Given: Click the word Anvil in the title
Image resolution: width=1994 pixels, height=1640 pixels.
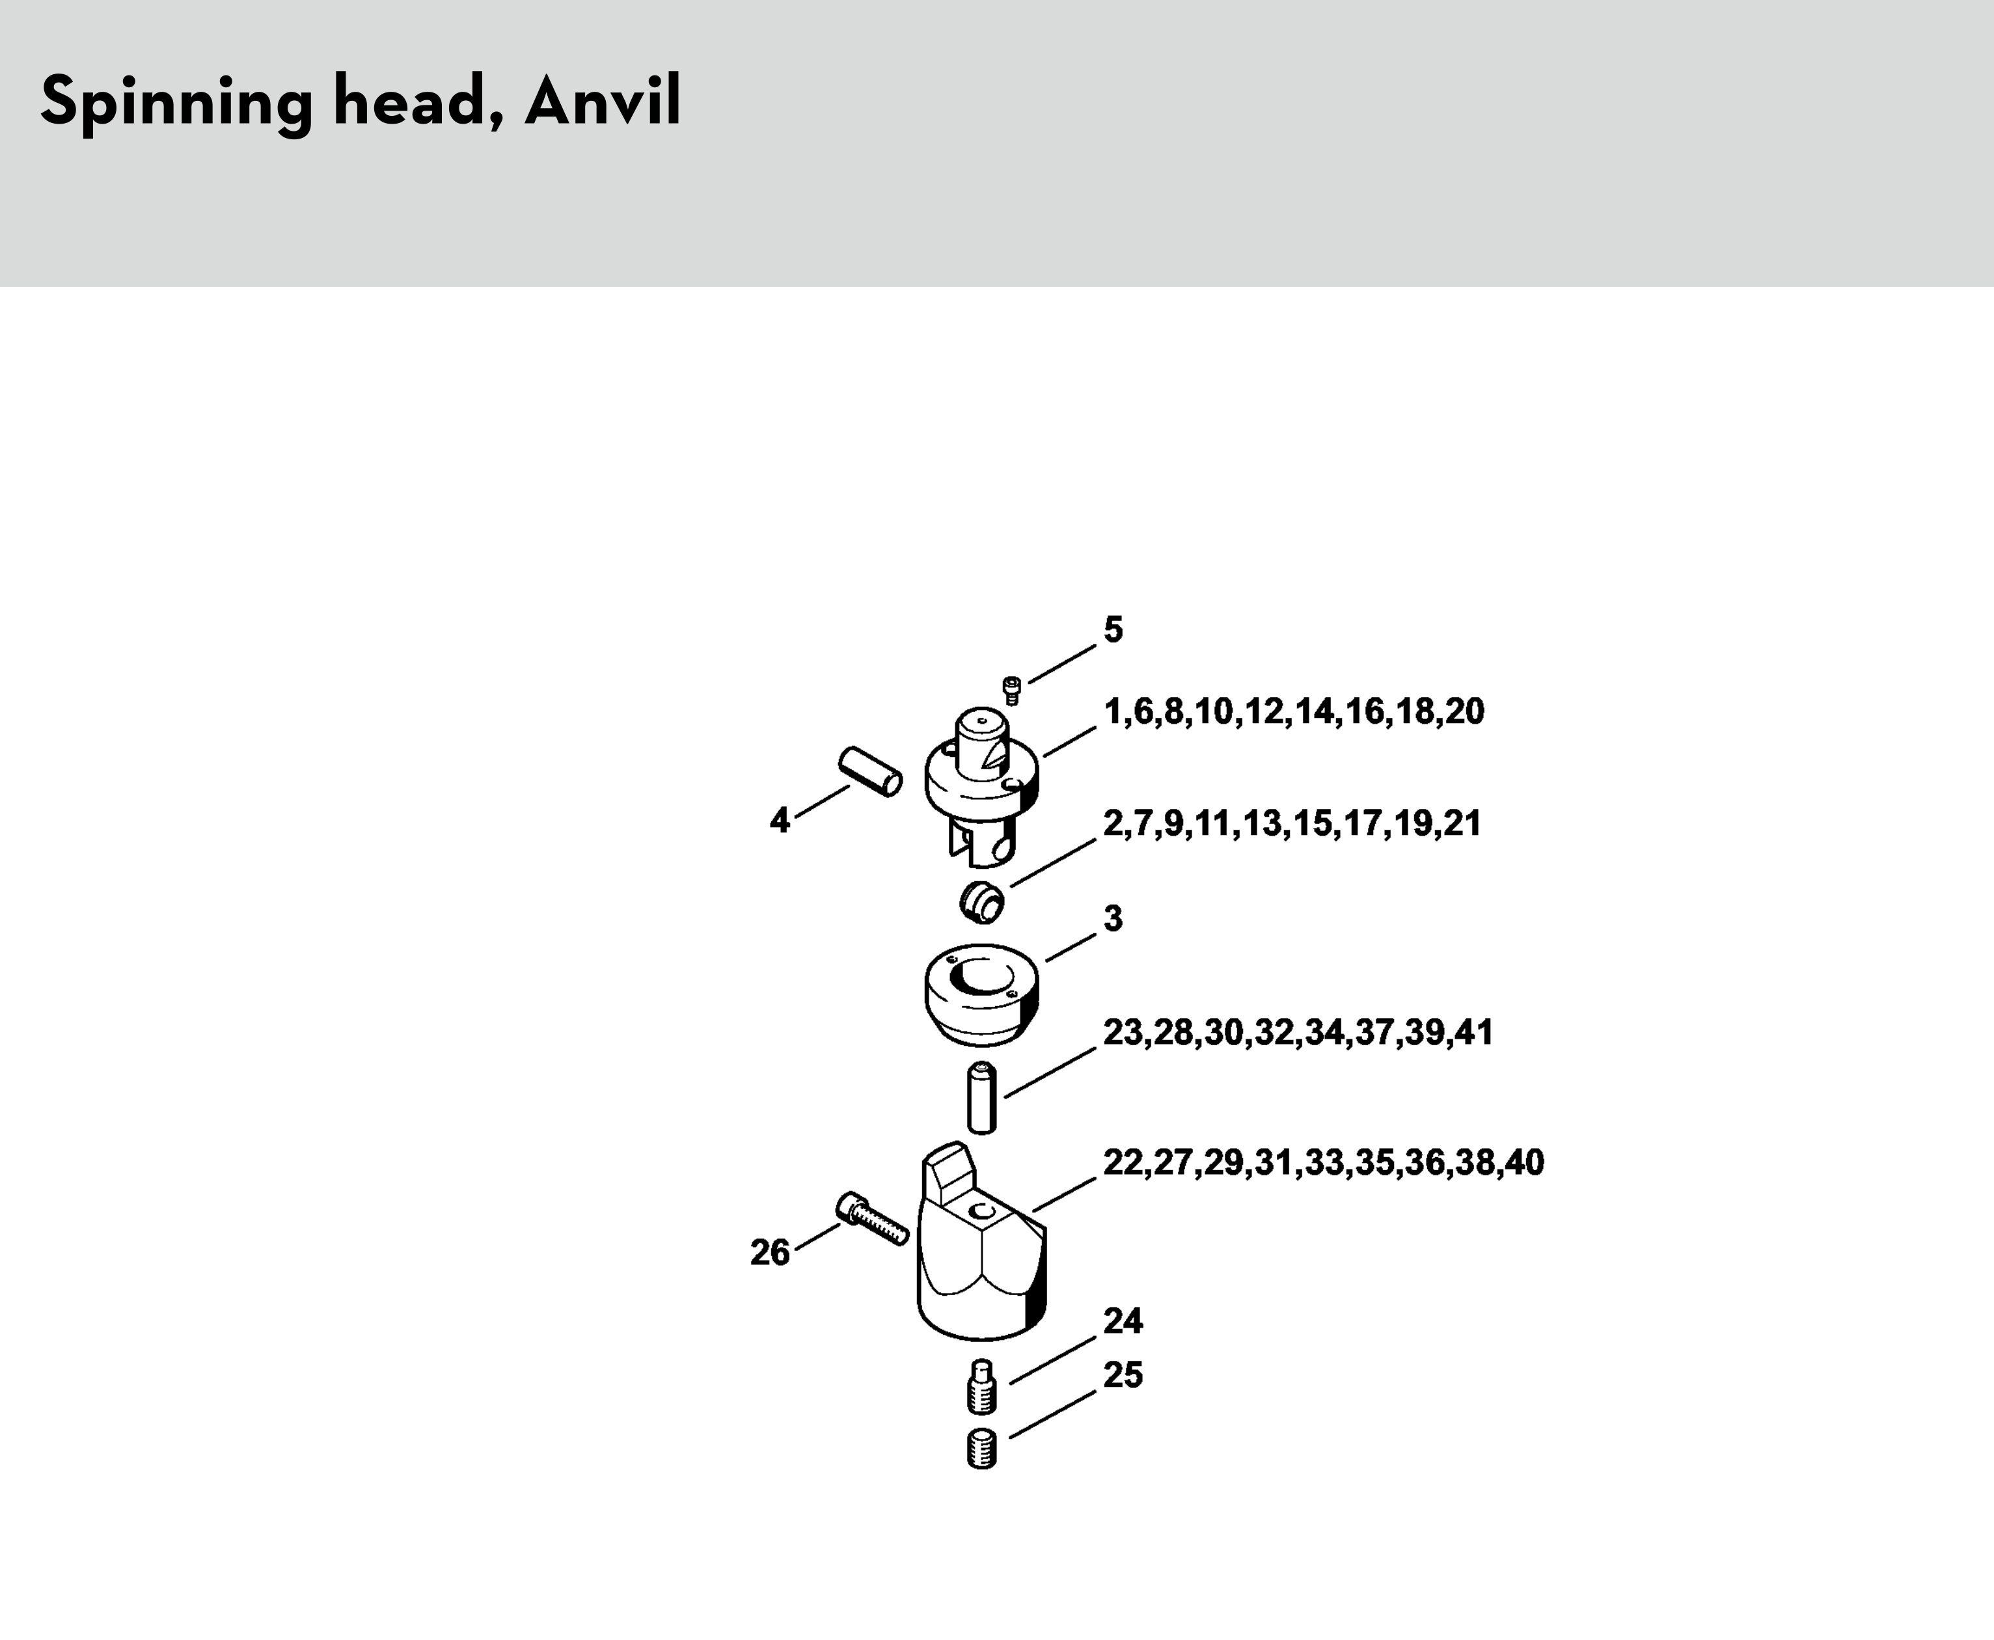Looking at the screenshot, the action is click(x=603, y=101).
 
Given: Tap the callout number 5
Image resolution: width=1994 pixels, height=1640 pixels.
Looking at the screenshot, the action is click(x=1113, y=629).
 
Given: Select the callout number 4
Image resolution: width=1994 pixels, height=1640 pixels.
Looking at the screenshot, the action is click(x=779, y=820).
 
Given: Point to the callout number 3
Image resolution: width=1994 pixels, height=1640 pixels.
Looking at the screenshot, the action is click(x=1113, y=918).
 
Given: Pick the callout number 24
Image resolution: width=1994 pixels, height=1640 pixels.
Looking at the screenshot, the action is click(x=1123, y=1320).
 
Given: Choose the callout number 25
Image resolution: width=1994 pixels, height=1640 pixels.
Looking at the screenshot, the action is click(x=1123, y=1374).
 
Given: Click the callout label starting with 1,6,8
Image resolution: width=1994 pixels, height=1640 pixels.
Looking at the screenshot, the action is click(x=1294, y=711).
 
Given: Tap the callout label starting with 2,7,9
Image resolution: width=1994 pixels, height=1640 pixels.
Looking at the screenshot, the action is click(x=1292, y=824).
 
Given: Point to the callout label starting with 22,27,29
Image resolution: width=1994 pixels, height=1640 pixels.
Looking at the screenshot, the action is click(x=1323, y=1162).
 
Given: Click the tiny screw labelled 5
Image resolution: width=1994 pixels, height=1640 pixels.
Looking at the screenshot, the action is click(x=1011, y=690).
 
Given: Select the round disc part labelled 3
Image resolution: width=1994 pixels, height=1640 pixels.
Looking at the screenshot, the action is click(x=981, y=995).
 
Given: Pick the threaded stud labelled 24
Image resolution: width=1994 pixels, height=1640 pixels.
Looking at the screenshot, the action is click(x=983, y=1387).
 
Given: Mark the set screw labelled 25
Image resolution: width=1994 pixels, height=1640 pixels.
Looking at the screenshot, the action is click(x=983, y=1449).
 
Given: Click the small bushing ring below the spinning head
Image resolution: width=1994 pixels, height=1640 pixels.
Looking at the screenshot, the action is click(x=981, y=901).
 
